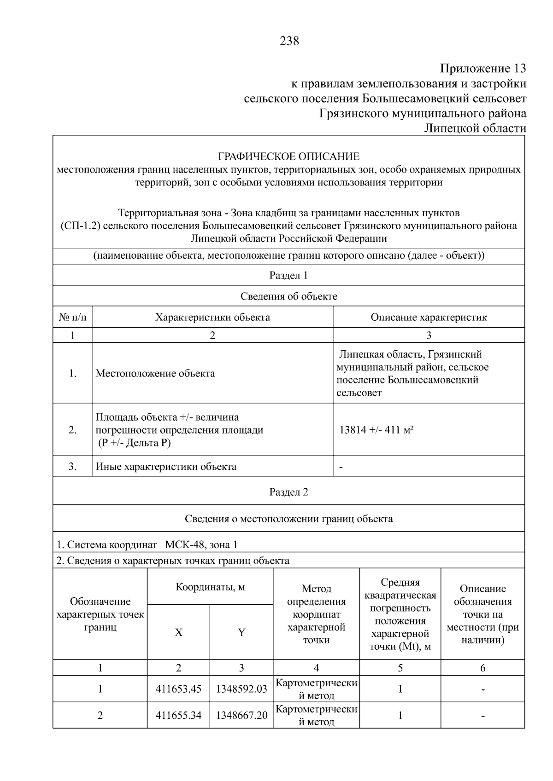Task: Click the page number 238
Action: click(x=289, y=41)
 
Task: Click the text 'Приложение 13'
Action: click(x=482, y=69)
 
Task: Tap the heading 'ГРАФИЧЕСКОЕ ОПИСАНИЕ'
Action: click(x=288, y=156)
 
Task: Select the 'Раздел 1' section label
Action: click(x=288, y=275)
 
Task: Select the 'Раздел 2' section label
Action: click(x=288, y=492)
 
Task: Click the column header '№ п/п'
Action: click(x=72, y=317)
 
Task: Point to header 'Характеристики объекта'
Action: click(x=212, y=317)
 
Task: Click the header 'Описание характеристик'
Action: click(x=429, y=317)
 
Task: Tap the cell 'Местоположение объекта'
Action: click(x=155, y=373)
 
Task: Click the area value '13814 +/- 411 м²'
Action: click(x=376, y=430)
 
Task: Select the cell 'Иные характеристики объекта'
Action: click(x=166, y=467)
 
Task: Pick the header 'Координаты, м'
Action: click(x=210, y=587)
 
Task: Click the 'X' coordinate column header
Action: click(x=178, y=632)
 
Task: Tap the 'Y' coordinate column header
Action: click(x=241, y=632)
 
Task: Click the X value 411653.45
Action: click(x=178, y=689)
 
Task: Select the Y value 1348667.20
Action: click(x=241, y=716)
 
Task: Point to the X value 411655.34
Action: click(x=178, y=716)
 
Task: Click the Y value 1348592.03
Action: click(x=241, y=689)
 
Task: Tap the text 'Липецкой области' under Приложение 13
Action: click(x=475, y=128)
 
